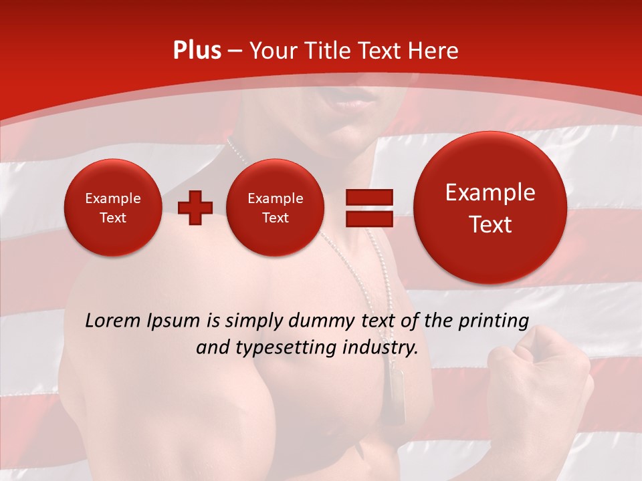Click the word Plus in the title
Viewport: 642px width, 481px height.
(197, 51)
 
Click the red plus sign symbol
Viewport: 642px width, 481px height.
(195, 208)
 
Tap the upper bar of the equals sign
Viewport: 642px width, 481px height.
(368, 197)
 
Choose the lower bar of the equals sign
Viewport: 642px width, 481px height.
(368, 218)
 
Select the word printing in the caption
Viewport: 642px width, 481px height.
(494, 321)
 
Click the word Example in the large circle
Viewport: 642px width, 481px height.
(490, 193)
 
